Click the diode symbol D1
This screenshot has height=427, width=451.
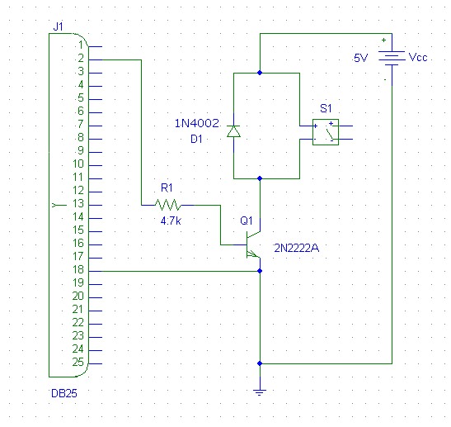coord(233,131)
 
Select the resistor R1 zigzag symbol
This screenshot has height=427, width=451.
coord(168,205)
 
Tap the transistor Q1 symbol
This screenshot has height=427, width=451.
coord(253,244)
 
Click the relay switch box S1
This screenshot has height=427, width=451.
coord(326,132)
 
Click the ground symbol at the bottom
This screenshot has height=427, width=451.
coord(260,392)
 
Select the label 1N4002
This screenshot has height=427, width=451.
coord(197,123)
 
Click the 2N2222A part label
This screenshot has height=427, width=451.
coord(297,248)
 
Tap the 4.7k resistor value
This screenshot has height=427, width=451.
coord(171,221)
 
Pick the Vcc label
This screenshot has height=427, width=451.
coord(418,57)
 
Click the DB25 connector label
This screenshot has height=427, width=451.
coord(63,393)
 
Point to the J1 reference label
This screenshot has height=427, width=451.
coord(58,26)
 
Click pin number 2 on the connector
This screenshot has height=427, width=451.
coord(81,58)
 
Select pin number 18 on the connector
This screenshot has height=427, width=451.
coord(78,270)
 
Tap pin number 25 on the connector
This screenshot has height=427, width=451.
coord(78,363)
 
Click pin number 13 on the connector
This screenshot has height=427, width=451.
coord(78,204)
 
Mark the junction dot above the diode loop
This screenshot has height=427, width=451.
coord(260,73)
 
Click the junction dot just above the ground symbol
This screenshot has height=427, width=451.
coord(260,363)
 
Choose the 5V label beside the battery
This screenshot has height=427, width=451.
coord(360,58)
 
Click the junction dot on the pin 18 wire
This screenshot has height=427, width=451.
coord(260,271)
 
